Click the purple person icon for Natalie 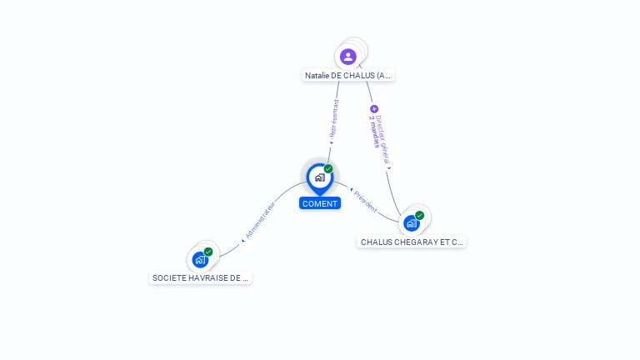click(x=348, y=57)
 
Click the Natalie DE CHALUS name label click(x=348, y=76)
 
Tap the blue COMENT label click(x=320, y=203)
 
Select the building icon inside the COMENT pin click(x=319, y=177)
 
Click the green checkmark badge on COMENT click(x=328, y=169)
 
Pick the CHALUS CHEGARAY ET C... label click(x=412, y=242)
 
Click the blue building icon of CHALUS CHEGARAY click(x=411, y=223)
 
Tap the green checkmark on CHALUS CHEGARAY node click(x=420, y=215)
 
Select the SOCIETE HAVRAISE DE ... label click(x=200, y=278)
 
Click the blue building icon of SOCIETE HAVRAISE click(x=199, y=260)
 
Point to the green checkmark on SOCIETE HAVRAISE click(x=208, y=252)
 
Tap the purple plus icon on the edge click(x=374, y=109)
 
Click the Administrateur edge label click(x=261, y=218)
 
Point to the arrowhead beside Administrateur click(x=242, y=240)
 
